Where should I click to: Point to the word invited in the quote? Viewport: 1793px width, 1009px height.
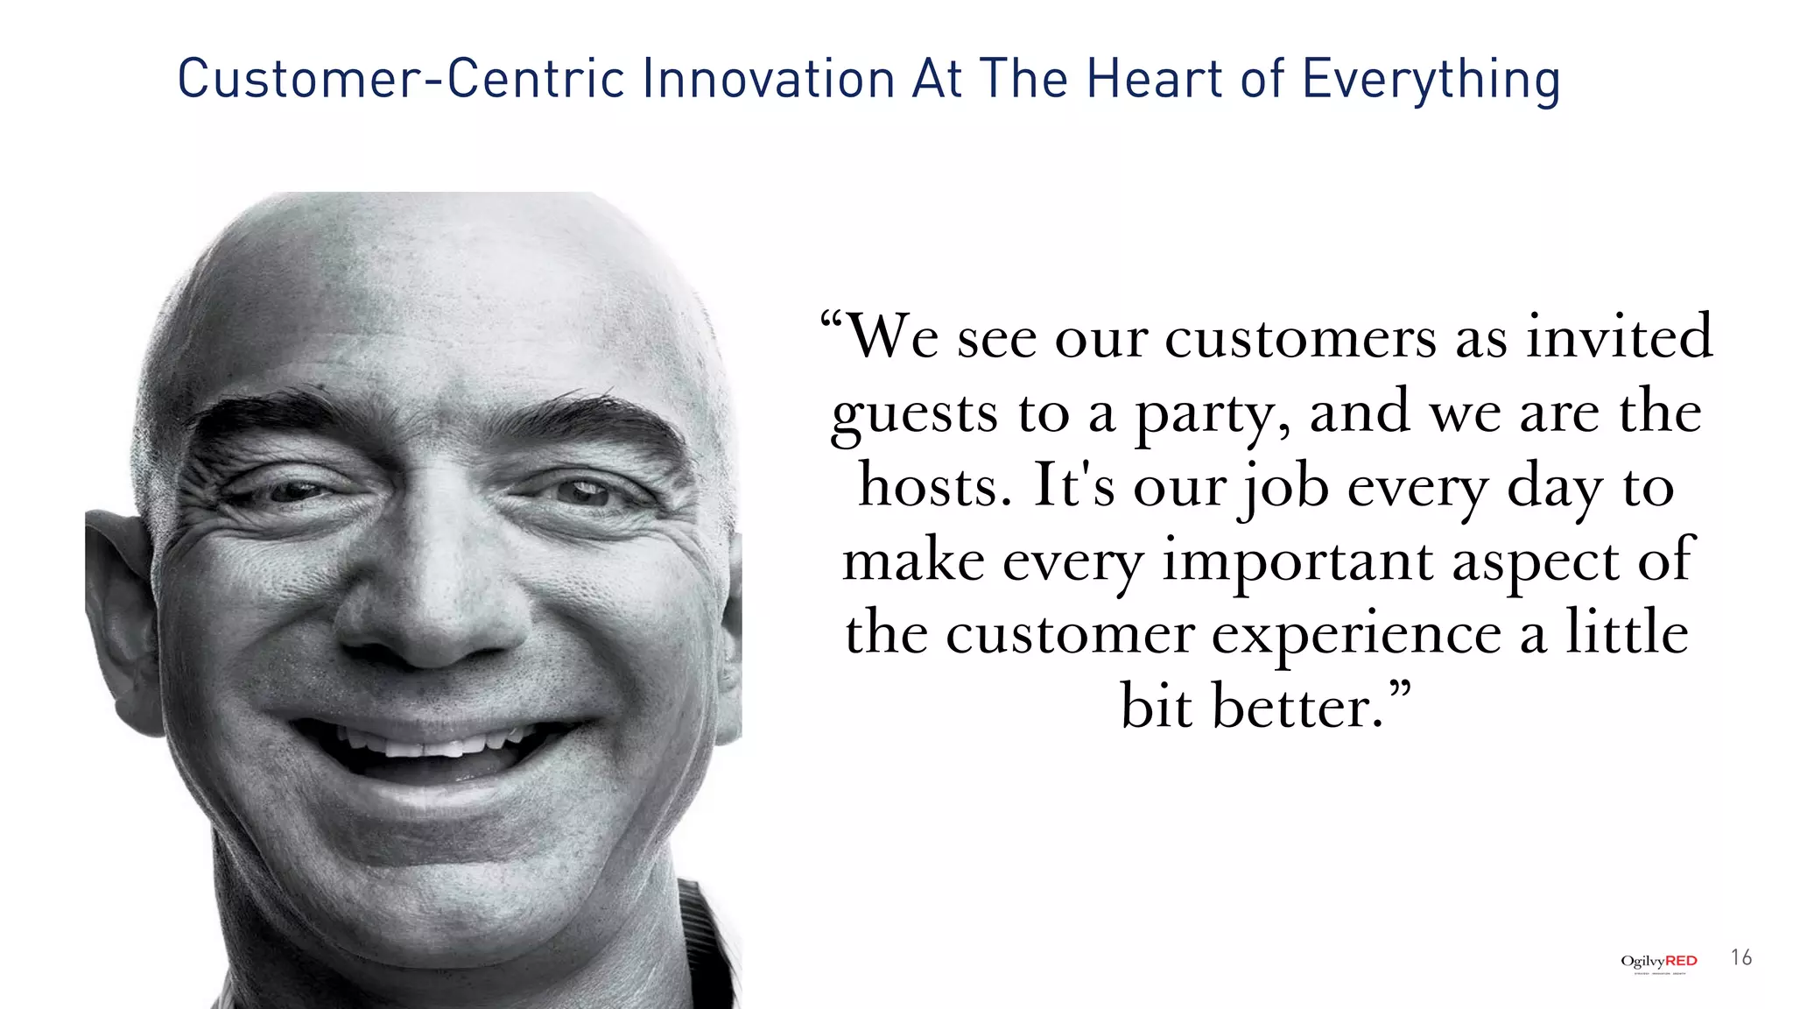point(1619,336)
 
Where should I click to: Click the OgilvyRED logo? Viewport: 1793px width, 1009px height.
point(1658,962)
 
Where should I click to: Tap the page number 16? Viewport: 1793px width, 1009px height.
point(1741,957)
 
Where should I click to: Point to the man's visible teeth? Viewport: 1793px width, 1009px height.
point(429,746)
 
